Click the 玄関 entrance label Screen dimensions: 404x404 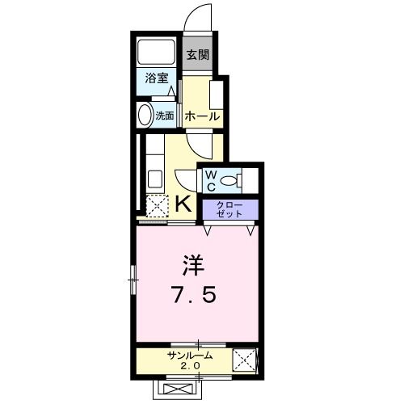tap(199, 56)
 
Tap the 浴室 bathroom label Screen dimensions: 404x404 tap(157, 78)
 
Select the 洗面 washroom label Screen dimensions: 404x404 tap(165, 116)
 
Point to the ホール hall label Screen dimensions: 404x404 tap(203, 116)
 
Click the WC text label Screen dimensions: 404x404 tap(210, 179)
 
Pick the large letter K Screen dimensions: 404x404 tap(183, 204)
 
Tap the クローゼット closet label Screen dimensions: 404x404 tap(229, 209)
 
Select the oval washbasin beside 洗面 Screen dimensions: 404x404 tap(145, 116)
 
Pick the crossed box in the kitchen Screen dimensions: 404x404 tap(157, 205)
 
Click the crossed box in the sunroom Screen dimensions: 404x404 tap(244, 360)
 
